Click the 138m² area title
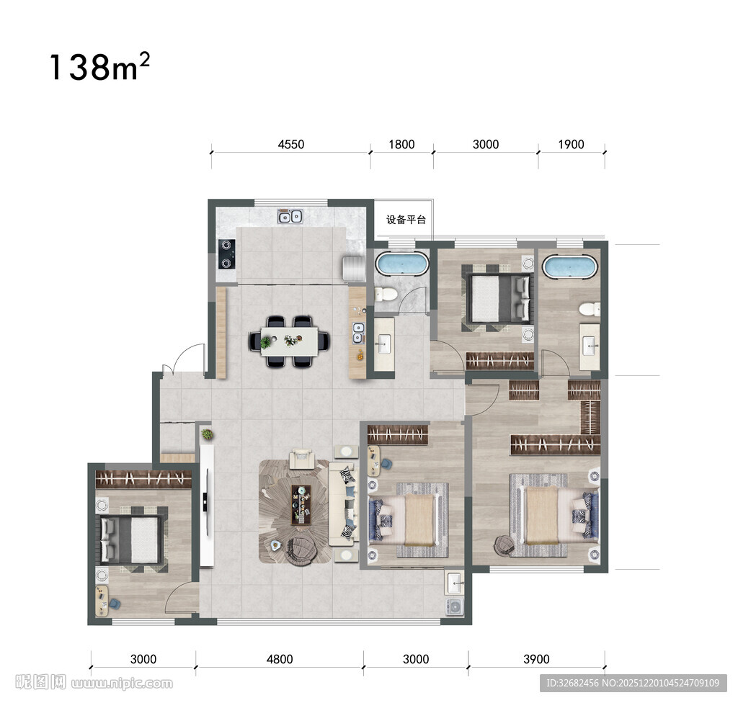point(99,67)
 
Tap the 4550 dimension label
point(291,144)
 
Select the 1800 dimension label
point(401,144)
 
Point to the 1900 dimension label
point(571,144)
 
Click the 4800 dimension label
point(280,659)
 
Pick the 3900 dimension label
point(536,659)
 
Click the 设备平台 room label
point(406,220)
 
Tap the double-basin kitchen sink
point(290,217)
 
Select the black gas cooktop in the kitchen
point(226,254)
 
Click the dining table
point(289,341)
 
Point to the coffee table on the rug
point(301,504)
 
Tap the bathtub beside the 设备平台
point(402,264)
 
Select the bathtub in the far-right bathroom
point(570,267)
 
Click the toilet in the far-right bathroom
point(589,309)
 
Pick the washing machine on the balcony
point(455,606)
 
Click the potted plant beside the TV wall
point(207,434)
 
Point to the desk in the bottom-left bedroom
point(102,600)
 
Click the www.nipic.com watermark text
point(122,684)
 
